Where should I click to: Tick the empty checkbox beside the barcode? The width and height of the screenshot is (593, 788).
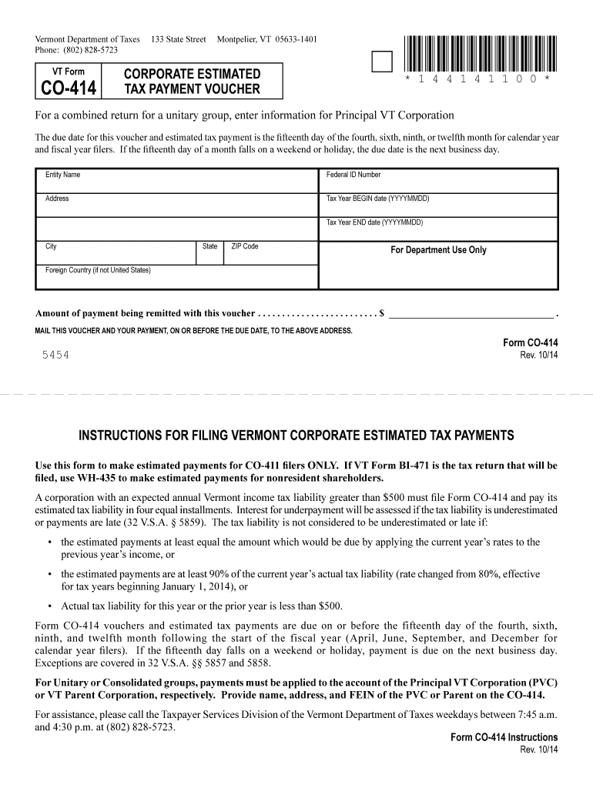click(382, 62)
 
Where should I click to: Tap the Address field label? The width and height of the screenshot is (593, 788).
click(58, 199)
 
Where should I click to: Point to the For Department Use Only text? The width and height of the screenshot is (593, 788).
click(438, 250)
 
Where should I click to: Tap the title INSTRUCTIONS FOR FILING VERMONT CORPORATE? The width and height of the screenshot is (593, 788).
click(296, 436)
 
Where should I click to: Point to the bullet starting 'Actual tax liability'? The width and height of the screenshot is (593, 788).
click(202, 605)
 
